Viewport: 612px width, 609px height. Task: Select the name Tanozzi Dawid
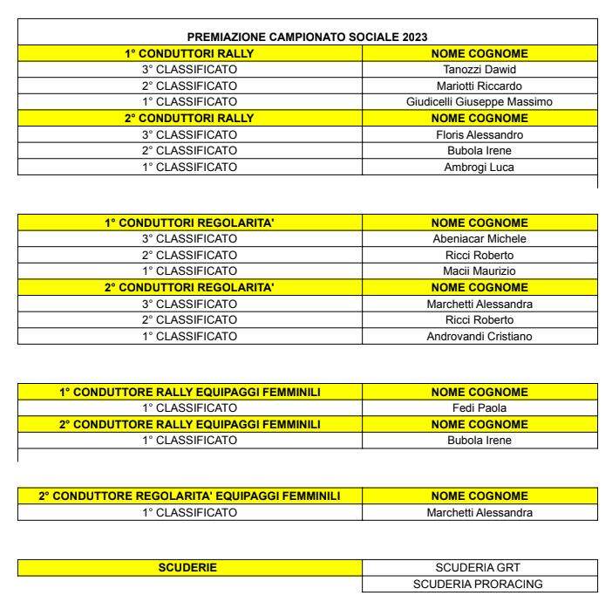(x=479, y=69)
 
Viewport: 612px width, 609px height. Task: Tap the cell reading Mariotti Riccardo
(x=479, y=86)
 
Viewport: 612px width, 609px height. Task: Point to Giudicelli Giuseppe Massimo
(x=479, y=101)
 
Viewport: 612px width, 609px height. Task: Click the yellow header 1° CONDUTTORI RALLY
(x=189, y=53)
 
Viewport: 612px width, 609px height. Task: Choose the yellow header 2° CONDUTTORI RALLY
(x=189, y=118)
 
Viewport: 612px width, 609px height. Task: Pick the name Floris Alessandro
(x=479, y=134)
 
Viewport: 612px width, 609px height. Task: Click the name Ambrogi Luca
(x=479, y=167)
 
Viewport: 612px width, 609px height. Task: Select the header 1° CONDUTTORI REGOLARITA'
(x=189, y=222)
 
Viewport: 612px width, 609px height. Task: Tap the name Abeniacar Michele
(x=479, y=239)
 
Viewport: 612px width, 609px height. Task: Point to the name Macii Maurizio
(x=479, y=271)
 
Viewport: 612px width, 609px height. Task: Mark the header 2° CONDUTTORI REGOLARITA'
(x=189, y=287)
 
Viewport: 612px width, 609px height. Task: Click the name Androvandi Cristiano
(x=479, y=336)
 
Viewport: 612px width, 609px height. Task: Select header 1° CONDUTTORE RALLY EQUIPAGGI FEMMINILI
(x=189, y=392)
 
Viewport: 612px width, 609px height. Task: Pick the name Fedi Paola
(x=479, y=407)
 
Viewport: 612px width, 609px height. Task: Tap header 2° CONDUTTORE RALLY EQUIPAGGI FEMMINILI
(x=189, y=424)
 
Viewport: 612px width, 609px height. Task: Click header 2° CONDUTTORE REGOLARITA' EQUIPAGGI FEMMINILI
(x=189, y=496)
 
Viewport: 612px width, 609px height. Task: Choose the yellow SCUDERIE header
(x=189, y=568)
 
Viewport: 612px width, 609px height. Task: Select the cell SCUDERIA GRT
(x=479, y=568)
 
